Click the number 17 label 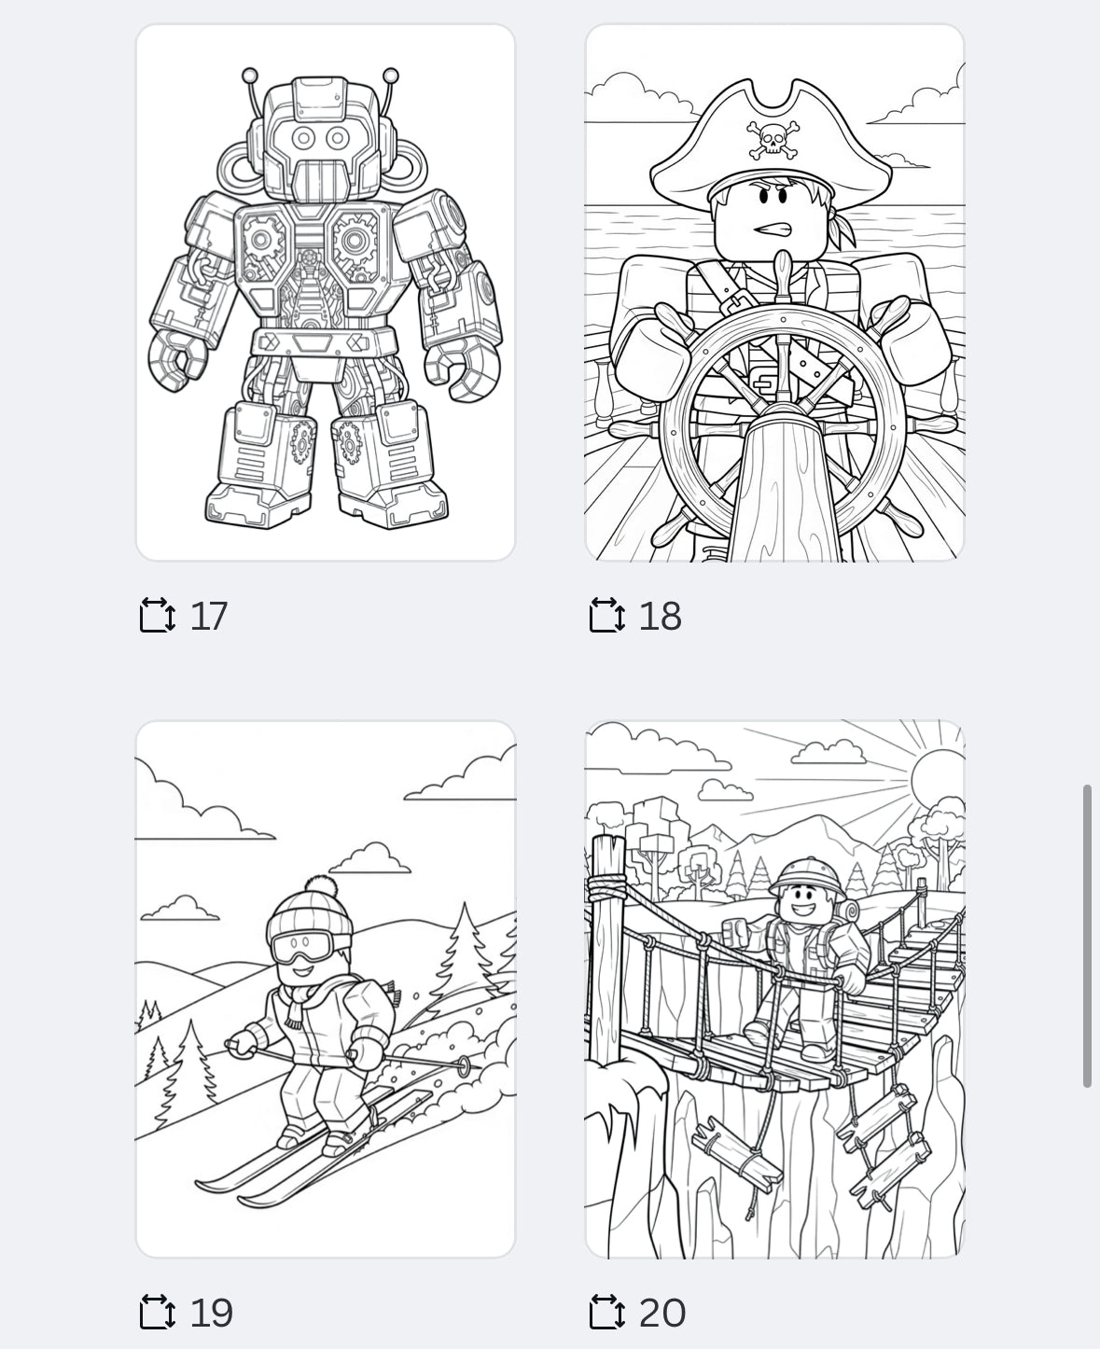(x=208, y=616)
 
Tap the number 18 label (x=660, y=616)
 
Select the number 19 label (x=211, y=1313)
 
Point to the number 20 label (x=661, y=1313)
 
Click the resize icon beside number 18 (x=606, y=616)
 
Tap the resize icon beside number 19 (x=157, y=1313)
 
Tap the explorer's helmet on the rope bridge (x=801, y=875)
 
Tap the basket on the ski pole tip (x=464, y=1066)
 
